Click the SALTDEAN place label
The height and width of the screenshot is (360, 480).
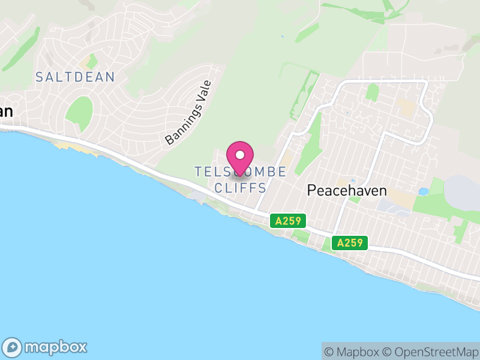coord(75,77)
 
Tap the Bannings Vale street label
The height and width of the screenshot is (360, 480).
coord(189,113)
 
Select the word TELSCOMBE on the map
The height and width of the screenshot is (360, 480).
coord(240,172)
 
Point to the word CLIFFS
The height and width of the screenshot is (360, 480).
coord(240,188)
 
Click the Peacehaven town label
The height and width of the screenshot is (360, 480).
coord(347,191)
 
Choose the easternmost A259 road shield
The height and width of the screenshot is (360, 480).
coord(350,243)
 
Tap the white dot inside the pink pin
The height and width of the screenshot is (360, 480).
coord(240,155)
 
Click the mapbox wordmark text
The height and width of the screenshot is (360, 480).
coord(55,347)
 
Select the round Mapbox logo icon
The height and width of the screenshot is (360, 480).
coord(13,347)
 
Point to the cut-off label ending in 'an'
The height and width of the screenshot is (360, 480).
coord(6,111)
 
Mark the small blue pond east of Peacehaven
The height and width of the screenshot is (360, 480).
coord(424,192)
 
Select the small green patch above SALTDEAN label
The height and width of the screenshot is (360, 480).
coord(91,62)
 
